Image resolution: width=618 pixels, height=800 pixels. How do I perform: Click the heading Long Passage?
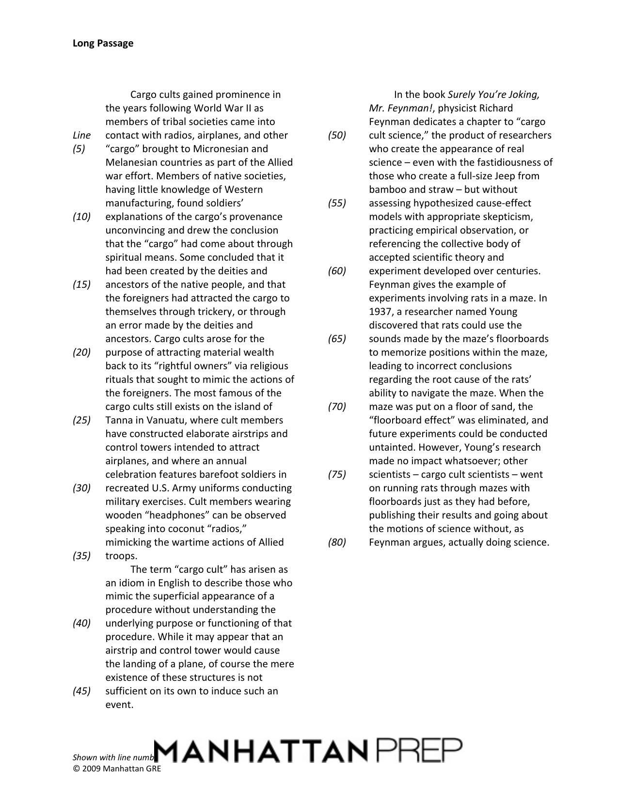click(x=103, y=43)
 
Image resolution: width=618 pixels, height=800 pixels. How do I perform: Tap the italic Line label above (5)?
click(x=81, y=135)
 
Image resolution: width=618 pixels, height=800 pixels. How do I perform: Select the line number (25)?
click(x=82, y=420)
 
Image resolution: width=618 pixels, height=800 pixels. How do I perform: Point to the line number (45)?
click(x=82, y=691)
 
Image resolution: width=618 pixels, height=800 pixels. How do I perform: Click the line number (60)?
click(x=337, y=271)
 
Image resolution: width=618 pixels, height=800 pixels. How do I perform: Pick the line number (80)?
click(x=337, y=542)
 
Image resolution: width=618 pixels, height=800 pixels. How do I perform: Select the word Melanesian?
click(x=130, y=162)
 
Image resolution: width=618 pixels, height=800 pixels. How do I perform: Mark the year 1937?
click(x=381, y=312)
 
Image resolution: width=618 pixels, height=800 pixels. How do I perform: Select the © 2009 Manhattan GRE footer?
click(x=116, y=768)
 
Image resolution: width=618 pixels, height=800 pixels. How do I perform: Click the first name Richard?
click(x=495, y=108)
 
